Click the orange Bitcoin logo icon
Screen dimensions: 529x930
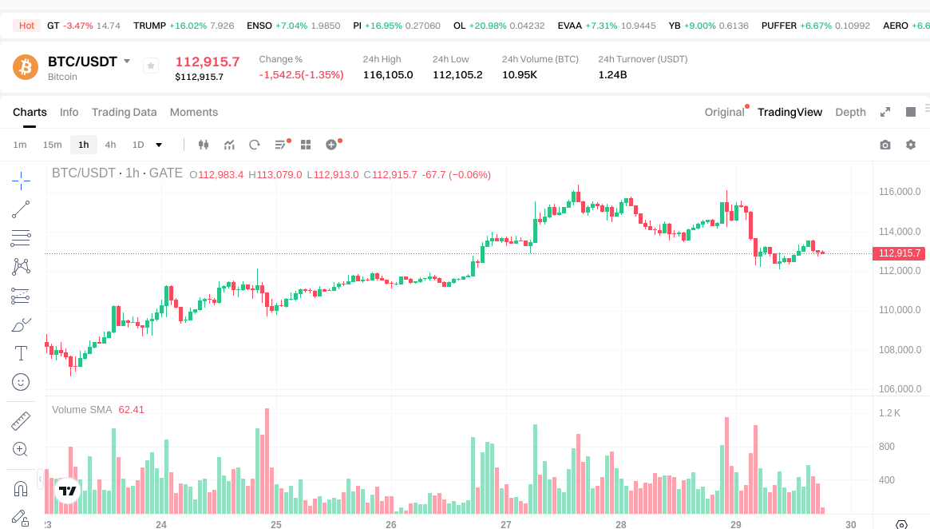[26, 67]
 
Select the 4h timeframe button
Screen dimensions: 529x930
[110, 145]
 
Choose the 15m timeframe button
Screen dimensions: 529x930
[52, 145]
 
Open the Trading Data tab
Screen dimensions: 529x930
[124, 112]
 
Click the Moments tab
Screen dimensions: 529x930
[194, 112]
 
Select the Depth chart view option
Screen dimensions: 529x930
[850, 112]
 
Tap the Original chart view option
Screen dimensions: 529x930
[724, 112]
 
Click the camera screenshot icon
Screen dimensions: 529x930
[885, 145]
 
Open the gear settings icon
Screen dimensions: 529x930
[911, 145]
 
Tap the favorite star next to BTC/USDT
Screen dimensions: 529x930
[151, 66]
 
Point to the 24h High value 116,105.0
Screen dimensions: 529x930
[388, 75]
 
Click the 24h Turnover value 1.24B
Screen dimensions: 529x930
[613, 75]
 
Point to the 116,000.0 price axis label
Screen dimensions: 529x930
[900, 192]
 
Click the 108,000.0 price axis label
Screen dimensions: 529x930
[900, 350]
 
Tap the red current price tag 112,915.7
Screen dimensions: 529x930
[900, 253]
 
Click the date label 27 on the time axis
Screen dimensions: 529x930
[506, 524]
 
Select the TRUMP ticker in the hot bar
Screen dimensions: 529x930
[149, 26]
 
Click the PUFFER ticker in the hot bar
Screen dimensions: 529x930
[779, 26]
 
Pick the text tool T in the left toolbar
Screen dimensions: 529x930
[21, 353]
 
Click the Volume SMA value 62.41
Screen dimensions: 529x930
[131, 409]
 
